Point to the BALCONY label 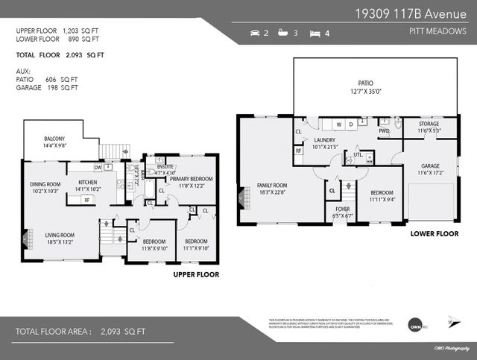tap(54, 139)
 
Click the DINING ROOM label tap(45, 184)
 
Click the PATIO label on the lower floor tap(365, 83)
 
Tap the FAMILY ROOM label tap(273, 185)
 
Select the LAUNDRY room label tap(324, 139)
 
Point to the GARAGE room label tap(430, 166)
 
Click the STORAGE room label tap(429, 124)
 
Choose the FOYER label tap(342, 209)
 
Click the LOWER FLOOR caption tap(434, 233)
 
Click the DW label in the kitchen tap(98, 166)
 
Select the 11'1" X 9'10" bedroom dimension tap(196, 247)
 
